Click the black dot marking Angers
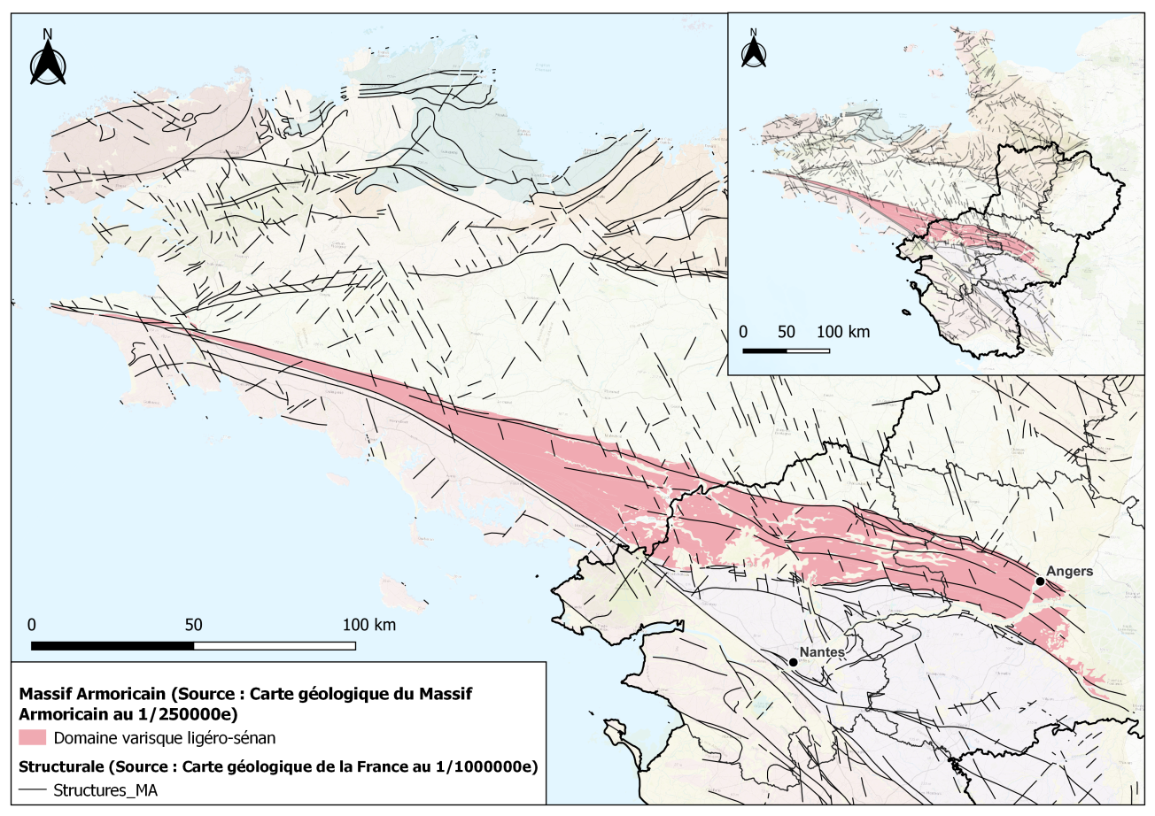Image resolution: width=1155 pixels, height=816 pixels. (1039, 581)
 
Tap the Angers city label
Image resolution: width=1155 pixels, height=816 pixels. (1069, 572)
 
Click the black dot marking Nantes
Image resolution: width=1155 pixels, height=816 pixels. (793, 662)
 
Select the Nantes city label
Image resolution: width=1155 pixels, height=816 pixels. (821, 652)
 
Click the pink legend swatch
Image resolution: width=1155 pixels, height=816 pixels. (31, 738)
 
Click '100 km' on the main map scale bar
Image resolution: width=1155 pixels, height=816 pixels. (368, 625)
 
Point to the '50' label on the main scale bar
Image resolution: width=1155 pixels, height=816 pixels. (193, 625)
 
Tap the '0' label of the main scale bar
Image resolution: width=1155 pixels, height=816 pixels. (32, 625)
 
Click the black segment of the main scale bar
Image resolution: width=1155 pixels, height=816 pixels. (112, 645)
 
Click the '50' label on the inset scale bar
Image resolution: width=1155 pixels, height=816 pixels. (786, 332)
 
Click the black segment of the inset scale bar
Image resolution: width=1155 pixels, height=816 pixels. (764, 350)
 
